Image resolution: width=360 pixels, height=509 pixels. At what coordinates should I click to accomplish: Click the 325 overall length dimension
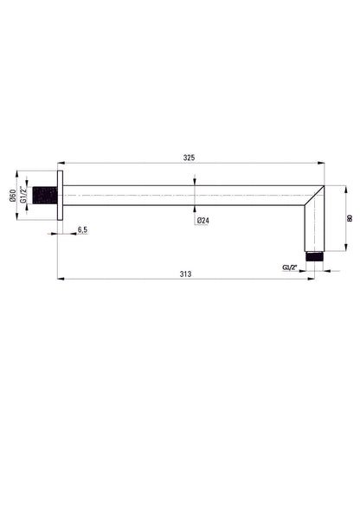tap(189, 158)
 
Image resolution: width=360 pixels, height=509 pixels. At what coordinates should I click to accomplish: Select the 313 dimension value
tap(185, 274)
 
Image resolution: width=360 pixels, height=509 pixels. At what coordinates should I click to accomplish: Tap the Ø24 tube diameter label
tap(202, 221)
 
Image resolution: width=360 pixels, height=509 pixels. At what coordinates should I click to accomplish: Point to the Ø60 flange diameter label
tap(13, 196)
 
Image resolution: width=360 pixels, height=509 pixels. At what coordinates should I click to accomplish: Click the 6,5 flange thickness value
tap(82, 229)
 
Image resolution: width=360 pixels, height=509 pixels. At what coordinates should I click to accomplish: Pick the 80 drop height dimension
tap(350, 218)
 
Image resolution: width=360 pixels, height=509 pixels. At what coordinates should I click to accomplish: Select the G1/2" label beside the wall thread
tap(23, 195)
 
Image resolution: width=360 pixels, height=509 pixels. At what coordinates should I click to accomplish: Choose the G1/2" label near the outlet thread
tap(290, 267)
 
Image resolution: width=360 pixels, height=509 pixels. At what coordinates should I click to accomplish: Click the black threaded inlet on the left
tap(45, 195)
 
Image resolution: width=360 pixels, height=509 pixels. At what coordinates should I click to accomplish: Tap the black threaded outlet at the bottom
tap(314, 256)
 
